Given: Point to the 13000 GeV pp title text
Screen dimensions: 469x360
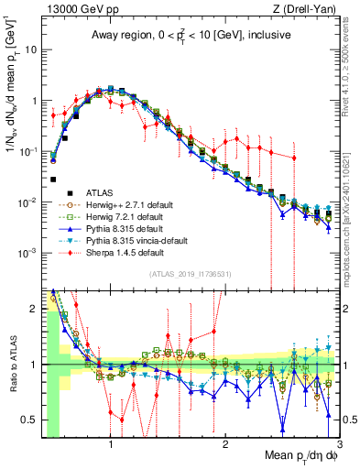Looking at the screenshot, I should pyautogui.click(x=78, y=9).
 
